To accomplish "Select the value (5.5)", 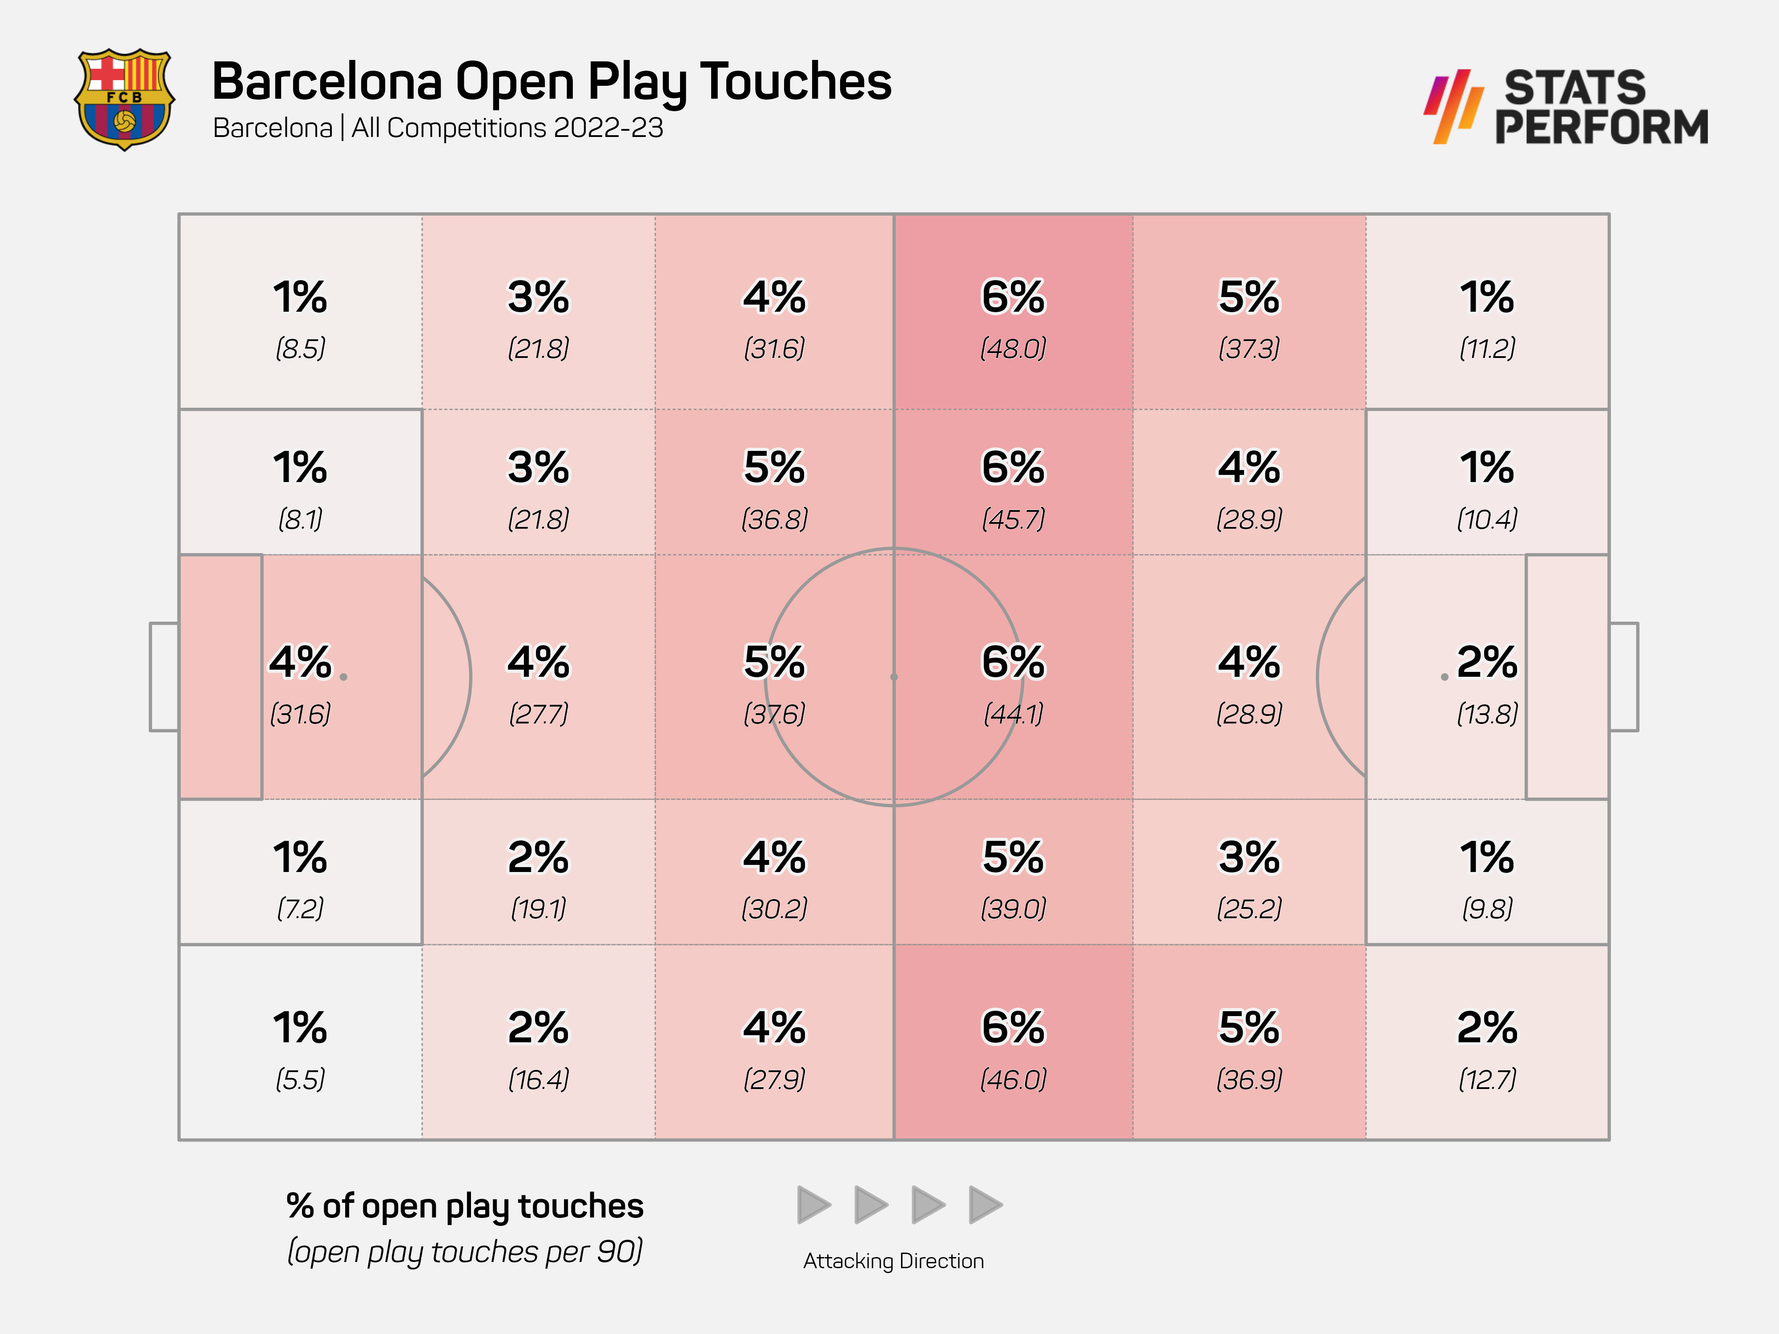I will (300, 1079).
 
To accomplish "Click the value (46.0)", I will (1013, 1079).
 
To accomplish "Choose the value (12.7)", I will (1487, 1079).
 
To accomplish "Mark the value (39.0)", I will (1013, 908).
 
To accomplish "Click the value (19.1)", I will (538, 908).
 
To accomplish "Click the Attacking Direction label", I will (893, 1261).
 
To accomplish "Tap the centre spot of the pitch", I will (894, 677).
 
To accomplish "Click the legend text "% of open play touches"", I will (465, 1206).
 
